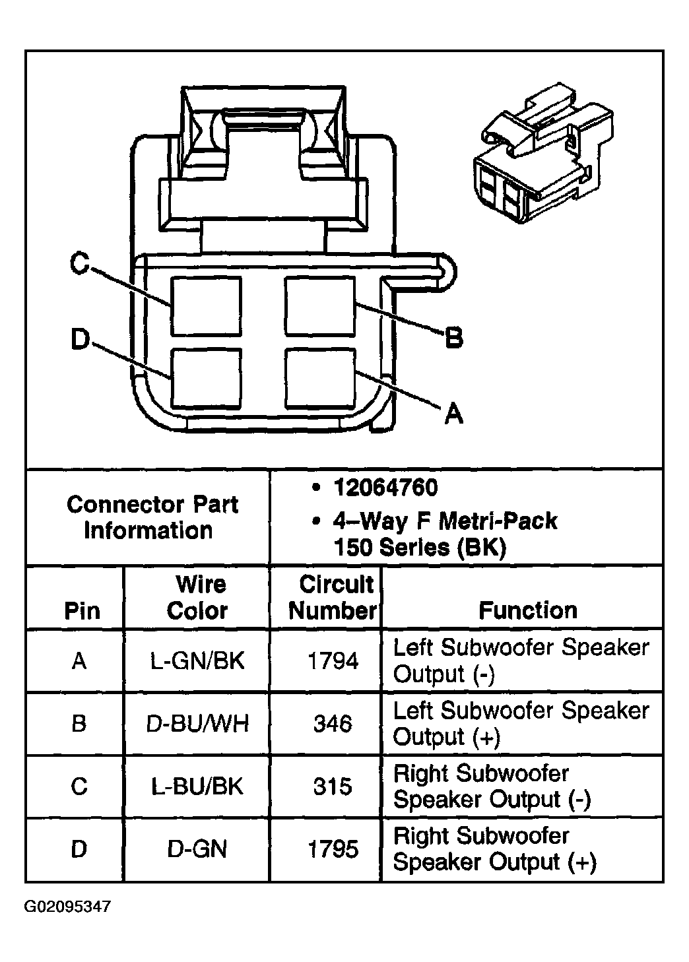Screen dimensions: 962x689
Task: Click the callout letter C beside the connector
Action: coord(80,265)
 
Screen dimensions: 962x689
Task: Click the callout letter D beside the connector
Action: coord(80,340)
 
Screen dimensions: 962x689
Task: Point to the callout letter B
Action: coord(453,338)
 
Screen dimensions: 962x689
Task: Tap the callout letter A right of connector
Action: coord(453,414)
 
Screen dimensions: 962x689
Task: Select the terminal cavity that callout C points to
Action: coord(206,306)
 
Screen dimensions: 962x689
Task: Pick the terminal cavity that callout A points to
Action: coord(320,378)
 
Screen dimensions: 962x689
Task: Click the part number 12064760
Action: coord(385,488)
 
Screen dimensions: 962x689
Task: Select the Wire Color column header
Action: coord(197,597)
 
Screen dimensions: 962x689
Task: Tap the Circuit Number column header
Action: coord(332,597)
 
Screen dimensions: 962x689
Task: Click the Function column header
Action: coord(527,610)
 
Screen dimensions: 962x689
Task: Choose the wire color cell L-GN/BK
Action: coord(197,660)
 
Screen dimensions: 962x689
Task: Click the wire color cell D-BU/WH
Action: coord(197,724)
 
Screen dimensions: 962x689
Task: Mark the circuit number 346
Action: coord(333,724)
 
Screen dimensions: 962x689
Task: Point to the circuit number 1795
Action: coord(333,849)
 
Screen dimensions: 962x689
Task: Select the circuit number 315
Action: coord(333,786)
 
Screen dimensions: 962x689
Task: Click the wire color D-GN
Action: coord(197,849)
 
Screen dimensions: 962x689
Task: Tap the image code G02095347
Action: coord(67,907)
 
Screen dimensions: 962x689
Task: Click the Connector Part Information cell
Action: coord(152,517)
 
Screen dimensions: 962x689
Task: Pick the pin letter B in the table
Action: coord(79,724)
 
